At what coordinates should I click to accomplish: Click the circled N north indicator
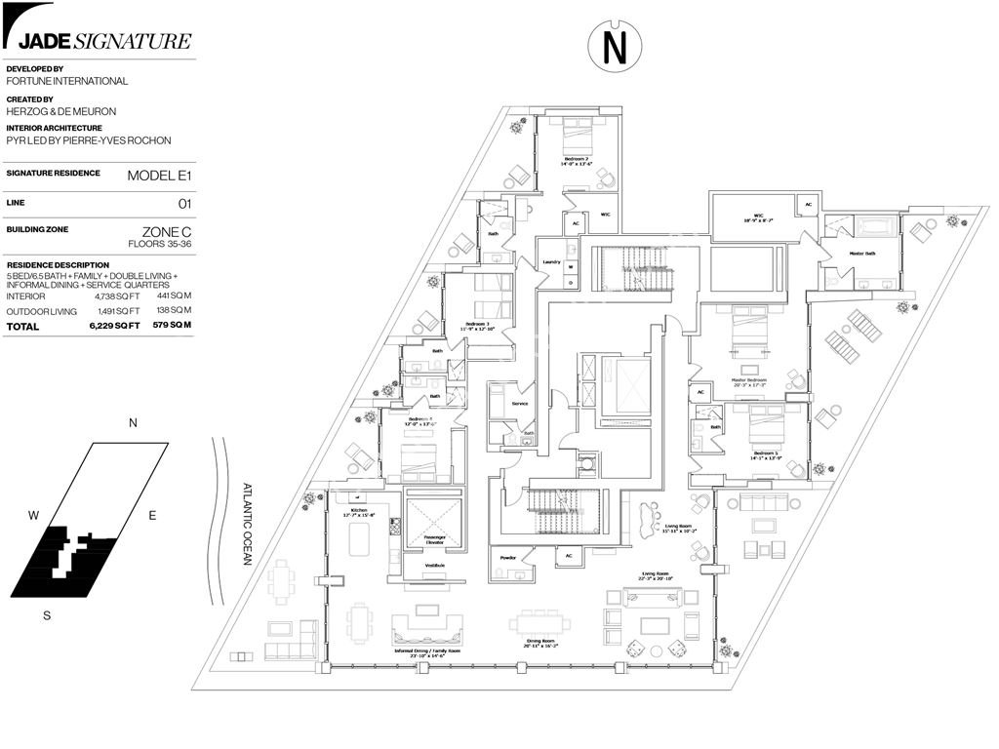click(x=614, y=46)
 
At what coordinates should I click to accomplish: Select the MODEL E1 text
click(x=159, y=176)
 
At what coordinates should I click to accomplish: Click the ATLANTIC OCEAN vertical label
click(x=249, y=525)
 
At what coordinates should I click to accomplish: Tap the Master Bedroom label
click(x=749, y=379)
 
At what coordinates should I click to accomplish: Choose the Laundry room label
click(x=551, y=261)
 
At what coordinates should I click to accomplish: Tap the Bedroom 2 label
click(x=576, y=159)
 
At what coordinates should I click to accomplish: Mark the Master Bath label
click(x=861, y=255)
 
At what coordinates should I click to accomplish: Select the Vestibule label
click(x=434, y=566)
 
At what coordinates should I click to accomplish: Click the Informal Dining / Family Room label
click(x=427, y=651)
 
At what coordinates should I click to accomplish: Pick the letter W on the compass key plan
click(x=33, y=515)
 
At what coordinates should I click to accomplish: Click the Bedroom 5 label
click(x=765, y=453)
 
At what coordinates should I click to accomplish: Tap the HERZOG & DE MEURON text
click(x=60, y=112)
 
